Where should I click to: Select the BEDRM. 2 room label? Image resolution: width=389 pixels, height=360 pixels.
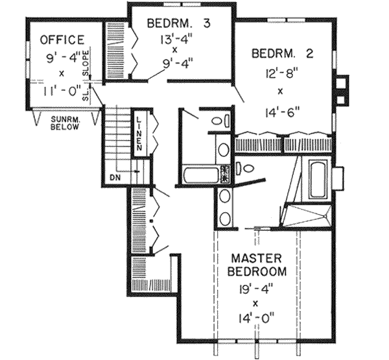[x=281, y=53]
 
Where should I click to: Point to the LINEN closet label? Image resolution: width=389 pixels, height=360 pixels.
[x=139, y=134]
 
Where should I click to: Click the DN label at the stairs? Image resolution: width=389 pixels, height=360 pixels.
[x=115, y=176]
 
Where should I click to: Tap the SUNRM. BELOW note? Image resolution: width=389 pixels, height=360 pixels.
[x=65, y=123]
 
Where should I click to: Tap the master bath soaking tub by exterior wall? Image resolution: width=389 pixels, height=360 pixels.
[x=317, y=179]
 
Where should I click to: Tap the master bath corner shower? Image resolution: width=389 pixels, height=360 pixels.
[x=309, y=213]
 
